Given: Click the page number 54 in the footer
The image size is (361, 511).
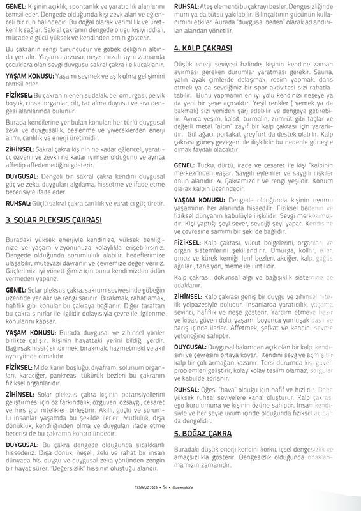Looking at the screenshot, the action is point(165,503).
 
